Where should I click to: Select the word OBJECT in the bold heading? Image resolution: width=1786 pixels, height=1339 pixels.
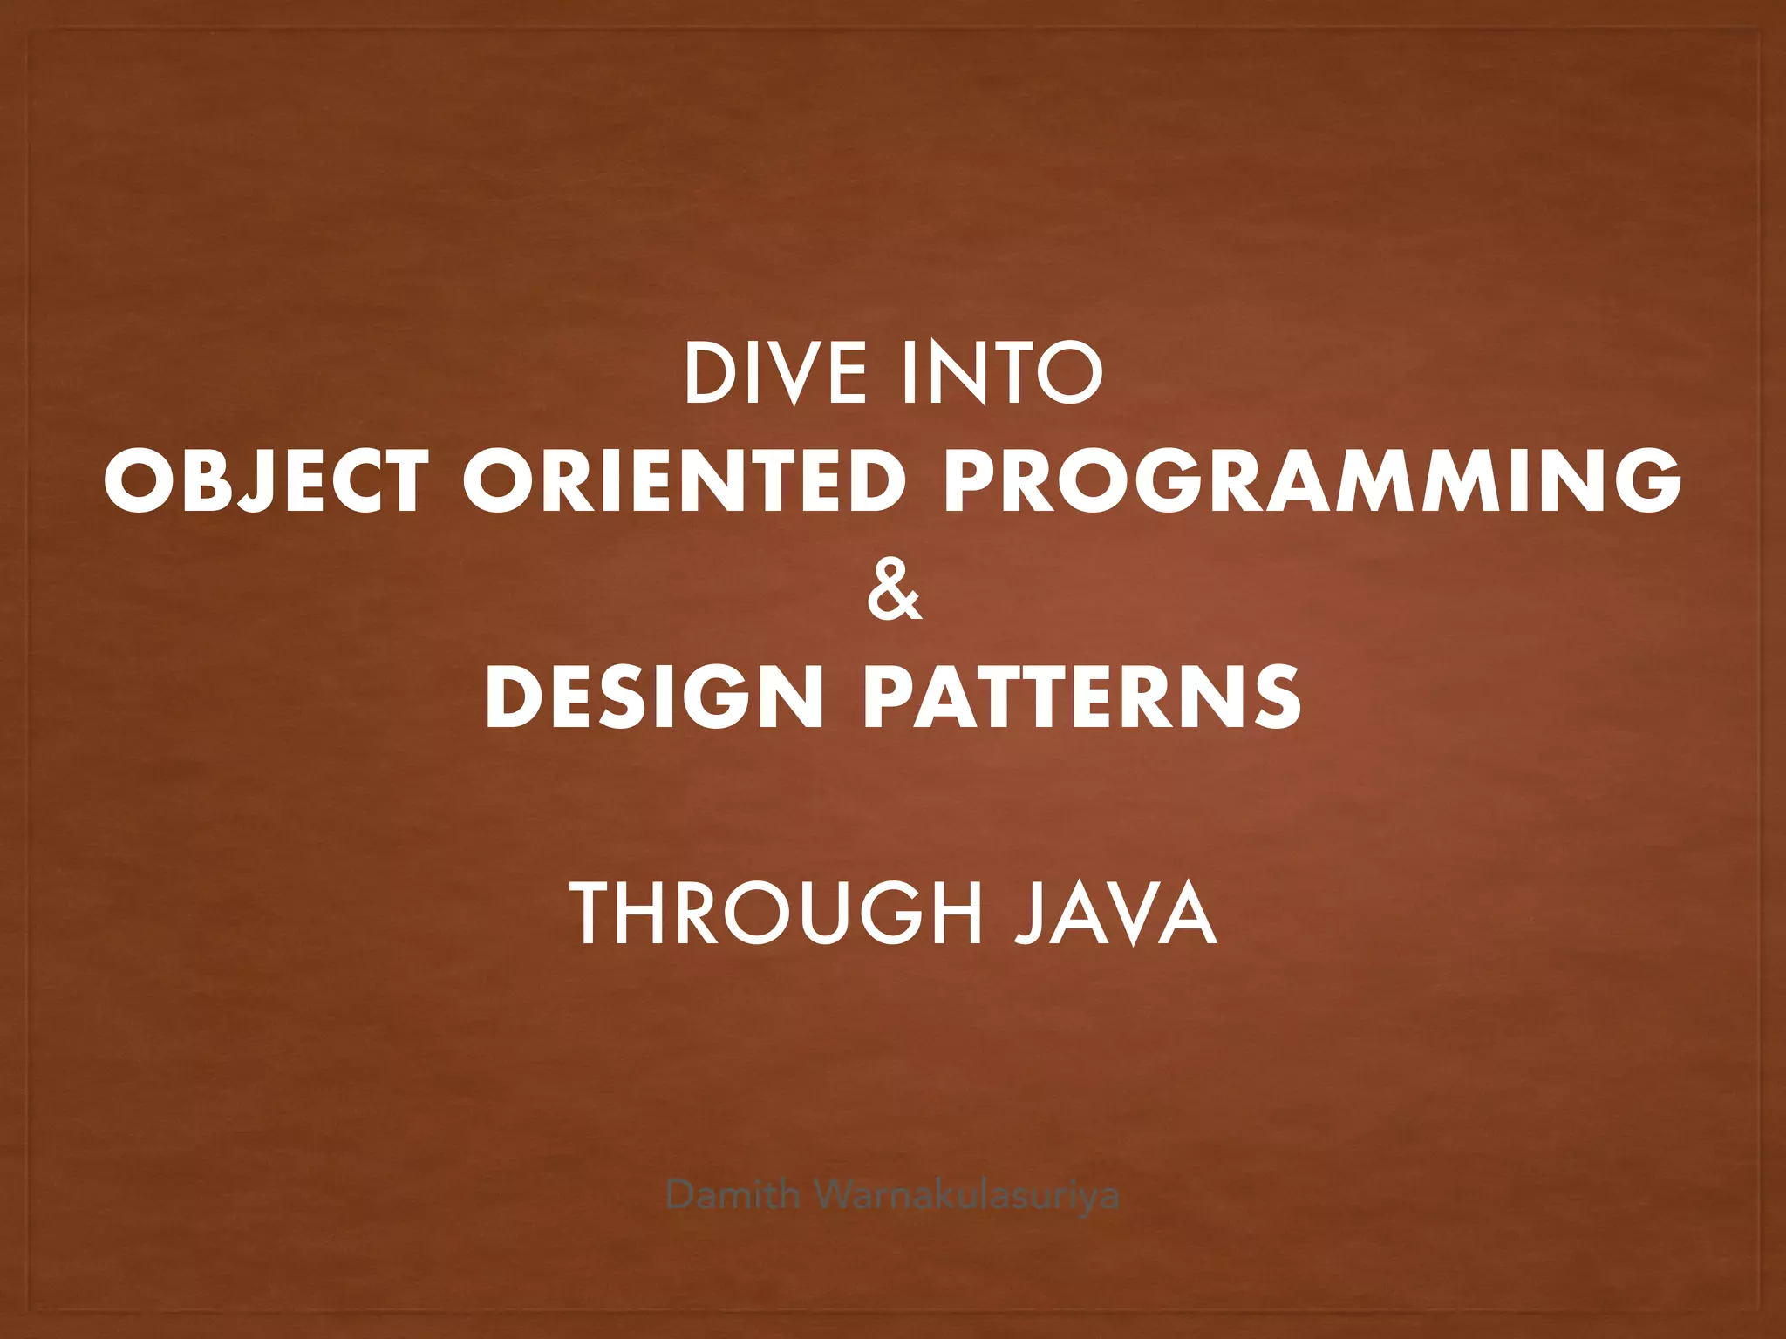[266, 481]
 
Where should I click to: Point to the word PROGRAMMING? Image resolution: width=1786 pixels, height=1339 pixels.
[1312, 481]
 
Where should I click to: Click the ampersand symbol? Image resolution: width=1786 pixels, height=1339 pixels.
[894, 594]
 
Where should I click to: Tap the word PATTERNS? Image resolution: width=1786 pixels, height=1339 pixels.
[1083, 697]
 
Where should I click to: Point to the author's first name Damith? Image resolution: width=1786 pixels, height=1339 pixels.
[733, 1194]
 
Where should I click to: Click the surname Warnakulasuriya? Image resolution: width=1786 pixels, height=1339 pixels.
[968, 1194]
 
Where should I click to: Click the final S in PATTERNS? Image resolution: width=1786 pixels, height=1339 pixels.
[1276, 697]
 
